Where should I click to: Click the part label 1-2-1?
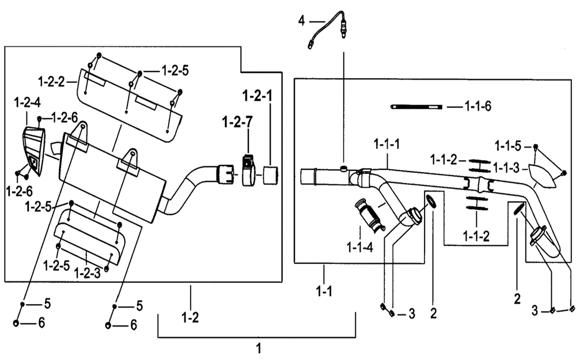tap(257, 96)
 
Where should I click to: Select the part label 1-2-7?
tap(237, 122)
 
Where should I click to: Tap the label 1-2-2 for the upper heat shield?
tap(51, 82)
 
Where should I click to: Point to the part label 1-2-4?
tap(27, 103)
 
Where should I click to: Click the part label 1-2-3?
tap(87, 273)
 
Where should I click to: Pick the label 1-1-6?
tap(478, 107)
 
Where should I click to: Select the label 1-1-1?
tap(387, 144)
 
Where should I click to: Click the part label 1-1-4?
tap(360, 248)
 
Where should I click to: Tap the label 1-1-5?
tap(508, 146)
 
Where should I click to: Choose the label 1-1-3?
tap(506, 168)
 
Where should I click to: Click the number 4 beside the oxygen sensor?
tap(302, 21)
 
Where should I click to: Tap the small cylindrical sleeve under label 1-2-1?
tap(271, 176)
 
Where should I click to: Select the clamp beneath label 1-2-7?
tap(249, 171)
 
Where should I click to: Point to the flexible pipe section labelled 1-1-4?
tap(369, 215)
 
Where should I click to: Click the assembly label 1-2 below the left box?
tap(190, 317)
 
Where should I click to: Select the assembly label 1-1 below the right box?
tap(324, 291)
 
